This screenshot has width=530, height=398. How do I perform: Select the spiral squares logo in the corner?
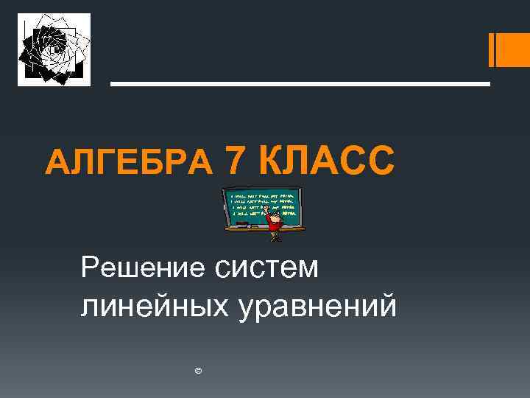pos(54,49)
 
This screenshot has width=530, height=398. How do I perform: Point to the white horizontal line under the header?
pos(300,84)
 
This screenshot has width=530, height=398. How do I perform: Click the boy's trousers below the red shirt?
pos(275,235)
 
